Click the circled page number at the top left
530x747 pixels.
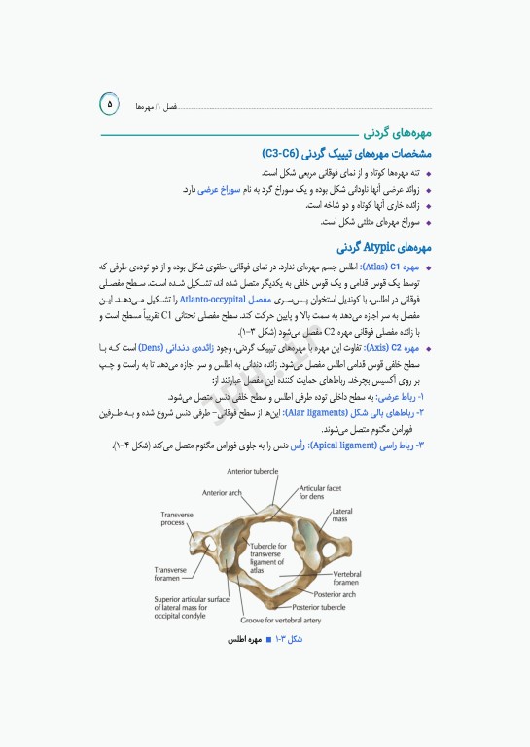[x=109, y=102]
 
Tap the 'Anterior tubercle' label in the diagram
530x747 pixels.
[x=254, y=471]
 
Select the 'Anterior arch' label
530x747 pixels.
[x=222, y=492]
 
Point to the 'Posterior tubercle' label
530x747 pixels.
[x=318, y=607]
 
